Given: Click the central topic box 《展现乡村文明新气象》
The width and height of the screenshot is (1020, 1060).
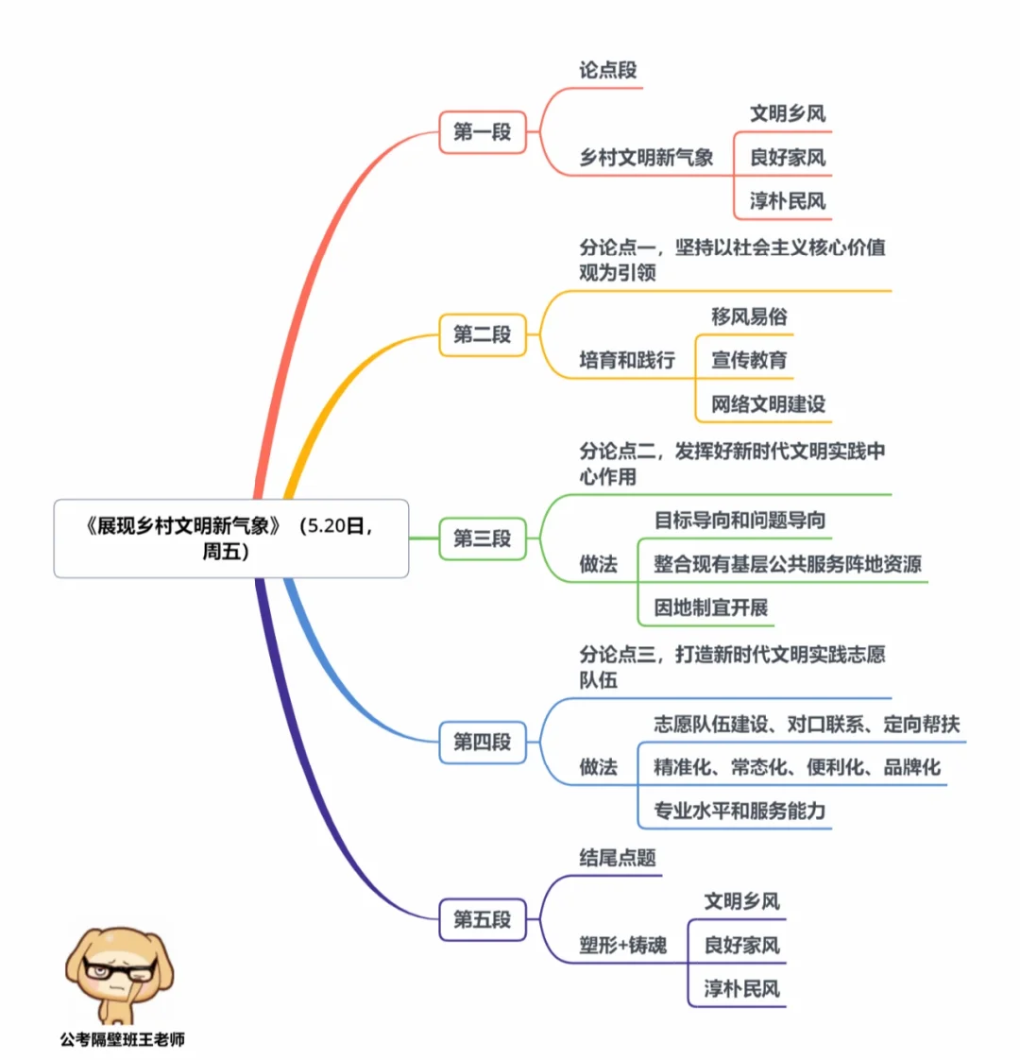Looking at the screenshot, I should tap(230, 538).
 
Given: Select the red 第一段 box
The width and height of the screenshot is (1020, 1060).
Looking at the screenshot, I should tap(482, 131).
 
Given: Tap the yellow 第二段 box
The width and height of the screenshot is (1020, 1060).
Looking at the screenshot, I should tap(482, 334).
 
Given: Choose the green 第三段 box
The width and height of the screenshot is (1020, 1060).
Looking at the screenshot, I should tap(482, 539).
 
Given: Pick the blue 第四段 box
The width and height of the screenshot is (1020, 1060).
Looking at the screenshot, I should tap(482, 742).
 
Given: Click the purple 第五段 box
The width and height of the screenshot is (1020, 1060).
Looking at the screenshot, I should tap(482, 919).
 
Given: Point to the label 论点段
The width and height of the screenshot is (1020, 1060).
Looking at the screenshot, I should tap(608, 70).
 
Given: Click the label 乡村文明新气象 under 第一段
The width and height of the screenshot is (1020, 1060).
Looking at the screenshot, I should tap(646, 158).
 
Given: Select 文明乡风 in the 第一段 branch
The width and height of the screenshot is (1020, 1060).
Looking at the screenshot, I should tap(788, 113).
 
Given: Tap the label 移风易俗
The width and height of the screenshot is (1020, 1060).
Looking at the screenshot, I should tap(749, 316).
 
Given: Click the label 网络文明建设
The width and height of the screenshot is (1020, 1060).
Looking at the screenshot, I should tap(768, 404).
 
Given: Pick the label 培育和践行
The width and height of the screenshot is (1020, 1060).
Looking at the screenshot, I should tap(627, 360).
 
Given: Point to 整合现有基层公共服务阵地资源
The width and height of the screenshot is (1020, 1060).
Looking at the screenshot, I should tap(787, 564).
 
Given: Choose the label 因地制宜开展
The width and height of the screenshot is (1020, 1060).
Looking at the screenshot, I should tap(710, 607).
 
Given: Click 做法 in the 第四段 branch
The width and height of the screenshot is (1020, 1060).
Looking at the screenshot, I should tap(598, 767).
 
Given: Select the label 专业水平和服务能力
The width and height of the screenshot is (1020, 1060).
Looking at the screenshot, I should tap(739, 811).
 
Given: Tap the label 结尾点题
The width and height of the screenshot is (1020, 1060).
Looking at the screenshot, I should tap(618, 858).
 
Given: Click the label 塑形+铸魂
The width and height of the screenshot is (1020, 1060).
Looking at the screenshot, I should tap(622, 945).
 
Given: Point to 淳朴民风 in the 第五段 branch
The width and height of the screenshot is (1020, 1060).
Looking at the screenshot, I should tap(741, 989).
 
